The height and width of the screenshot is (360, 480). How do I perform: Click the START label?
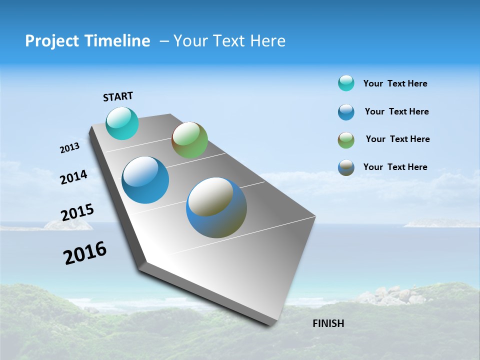[x=118, y=96]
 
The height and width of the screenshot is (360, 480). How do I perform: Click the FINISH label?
[x=328, y=323]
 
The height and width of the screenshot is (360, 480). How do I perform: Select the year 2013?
[x=69, y=148]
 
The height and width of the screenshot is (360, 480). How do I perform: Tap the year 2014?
[x=73, y=177]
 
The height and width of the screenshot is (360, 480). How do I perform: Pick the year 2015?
[x=77, y=212]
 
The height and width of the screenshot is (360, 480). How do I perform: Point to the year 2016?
[x=85, y=253]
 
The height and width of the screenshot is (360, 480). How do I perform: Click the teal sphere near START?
[x=122, y=123]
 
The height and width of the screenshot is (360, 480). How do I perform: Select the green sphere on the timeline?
[x=189, y=140]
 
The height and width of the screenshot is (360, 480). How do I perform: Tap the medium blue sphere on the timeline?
[x=145, y=180]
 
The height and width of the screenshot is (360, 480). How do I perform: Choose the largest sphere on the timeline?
[x=216, y=207]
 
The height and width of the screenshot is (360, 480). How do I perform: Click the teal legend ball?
[x=346, y=83]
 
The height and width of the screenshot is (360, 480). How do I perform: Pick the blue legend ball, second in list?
[x=346, y=112]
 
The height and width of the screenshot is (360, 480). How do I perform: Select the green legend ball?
[x=346, y=140]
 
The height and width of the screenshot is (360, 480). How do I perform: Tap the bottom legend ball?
[x=346, y=167]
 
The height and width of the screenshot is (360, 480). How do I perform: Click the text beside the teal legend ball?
[x=395, y=83]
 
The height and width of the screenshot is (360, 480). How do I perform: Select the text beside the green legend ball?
[x=397, y=139]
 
